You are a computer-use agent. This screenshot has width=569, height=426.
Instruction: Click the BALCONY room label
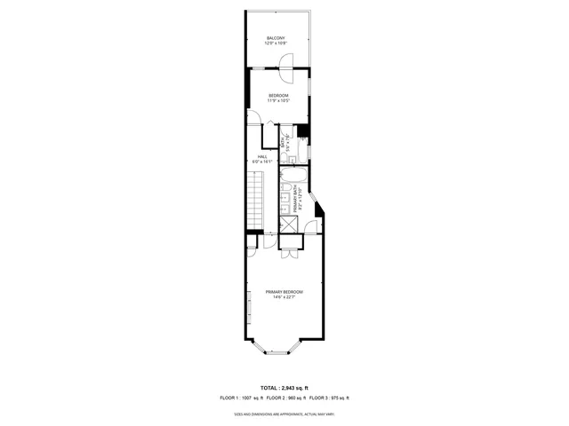[276, 37]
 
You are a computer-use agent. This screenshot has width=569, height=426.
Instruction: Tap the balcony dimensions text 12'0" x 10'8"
[276, 43]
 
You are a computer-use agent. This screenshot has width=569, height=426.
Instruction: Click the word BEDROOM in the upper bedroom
[278, 95]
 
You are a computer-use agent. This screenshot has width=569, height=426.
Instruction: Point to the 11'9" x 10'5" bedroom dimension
[278, 100]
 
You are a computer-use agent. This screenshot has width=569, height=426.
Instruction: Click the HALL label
[262, 157]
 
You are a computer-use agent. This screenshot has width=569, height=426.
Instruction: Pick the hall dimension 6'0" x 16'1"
[262, 162]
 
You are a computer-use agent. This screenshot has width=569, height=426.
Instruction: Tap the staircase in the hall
[256, 201]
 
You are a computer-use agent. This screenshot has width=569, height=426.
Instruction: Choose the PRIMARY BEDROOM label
[284, 292]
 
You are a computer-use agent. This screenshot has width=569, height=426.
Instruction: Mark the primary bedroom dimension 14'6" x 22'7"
[284, 297]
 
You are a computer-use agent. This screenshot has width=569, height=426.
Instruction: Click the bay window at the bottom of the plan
[276, 351]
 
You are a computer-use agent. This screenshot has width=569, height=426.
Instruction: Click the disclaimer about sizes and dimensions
[284, 414]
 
